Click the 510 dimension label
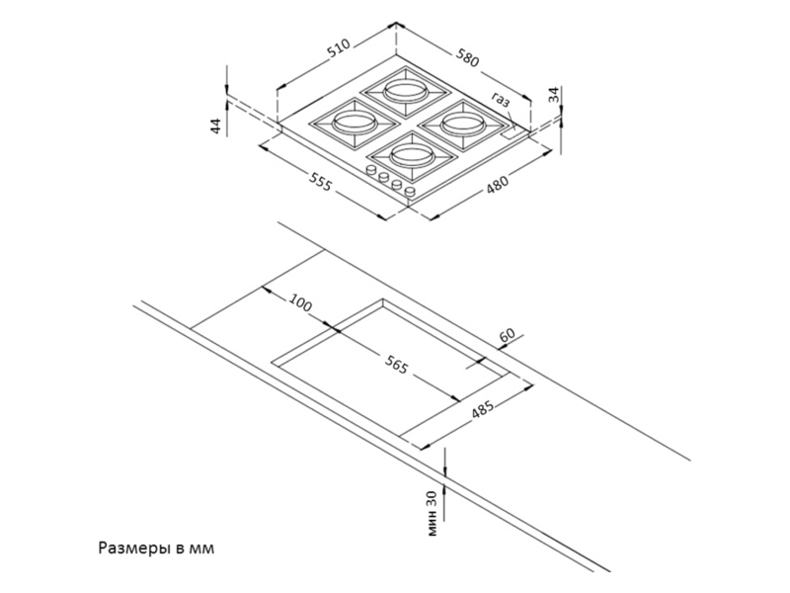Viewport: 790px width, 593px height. pos(339,48)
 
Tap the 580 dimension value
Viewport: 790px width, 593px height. pos(467,57)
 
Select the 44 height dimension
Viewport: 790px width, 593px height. pos(215,126)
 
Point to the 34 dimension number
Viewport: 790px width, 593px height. pos(554,95)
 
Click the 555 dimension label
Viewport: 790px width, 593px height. pos(320,182)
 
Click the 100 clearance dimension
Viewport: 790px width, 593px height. pos(301,303)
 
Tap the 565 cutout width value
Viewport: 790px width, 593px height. pos(396,365)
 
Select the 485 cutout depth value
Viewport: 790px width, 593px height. pos(483,410)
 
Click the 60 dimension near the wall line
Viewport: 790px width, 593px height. pos(507,335)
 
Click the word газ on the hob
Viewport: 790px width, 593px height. pos(501,100)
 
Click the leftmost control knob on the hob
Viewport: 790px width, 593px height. pos(371,170)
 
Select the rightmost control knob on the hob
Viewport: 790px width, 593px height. pos(410,192)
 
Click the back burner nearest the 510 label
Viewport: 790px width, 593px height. pos(406,91)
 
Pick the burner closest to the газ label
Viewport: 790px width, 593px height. pos(462,125)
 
